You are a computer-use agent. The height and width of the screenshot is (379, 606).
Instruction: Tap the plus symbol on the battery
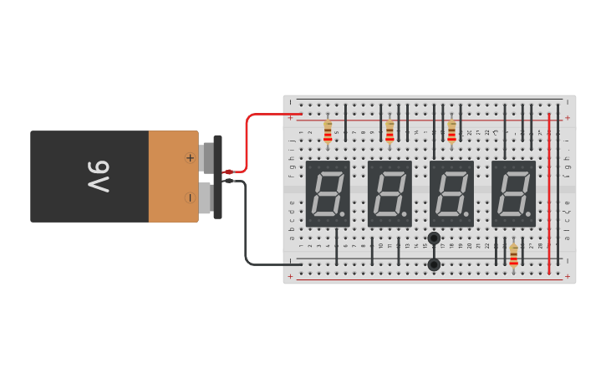pyautogui.click(x=190, y=157)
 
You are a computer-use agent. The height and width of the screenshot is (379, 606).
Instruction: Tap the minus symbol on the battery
pyautogui.click(x=190, y=197)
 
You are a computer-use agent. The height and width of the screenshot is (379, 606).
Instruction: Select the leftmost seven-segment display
pyautogui.click(x=328, y=193)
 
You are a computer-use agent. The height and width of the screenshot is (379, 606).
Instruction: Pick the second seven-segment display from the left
pyautogui.click(x=390, y=193)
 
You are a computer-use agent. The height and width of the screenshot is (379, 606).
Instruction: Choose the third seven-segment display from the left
pyautogui.click(x=451, y=193)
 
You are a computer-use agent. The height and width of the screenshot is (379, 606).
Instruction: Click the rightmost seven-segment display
pyautogui.click(x=513, y=193)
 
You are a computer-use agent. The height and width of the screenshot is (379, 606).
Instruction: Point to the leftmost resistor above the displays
pyautogui.click(x=328, y=131)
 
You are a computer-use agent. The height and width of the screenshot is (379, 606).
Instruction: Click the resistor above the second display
pyautogui.click(x=390, y=131)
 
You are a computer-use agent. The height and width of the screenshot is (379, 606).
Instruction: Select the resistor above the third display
pyautogui.click(x=451, y=131)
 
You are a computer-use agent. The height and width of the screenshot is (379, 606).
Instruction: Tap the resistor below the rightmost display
pyautogui.click(x=513, y=256)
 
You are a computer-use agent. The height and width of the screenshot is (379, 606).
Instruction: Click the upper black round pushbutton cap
pyautogui.click(x=434, y=238)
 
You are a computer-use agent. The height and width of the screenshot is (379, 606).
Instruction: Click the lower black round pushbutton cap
pyautogui.click(x=434, y=264)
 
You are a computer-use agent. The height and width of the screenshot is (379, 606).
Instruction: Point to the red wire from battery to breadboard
pyautogui.click(x=247, y=142)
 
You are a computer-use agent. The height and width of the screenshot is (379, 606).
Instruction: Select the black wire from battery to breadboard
pyautogui.click(x=246, y=226)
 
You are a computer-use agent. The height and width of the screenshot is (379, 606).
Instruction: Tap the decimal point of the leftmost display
pyautogui.click(x=343, y=215)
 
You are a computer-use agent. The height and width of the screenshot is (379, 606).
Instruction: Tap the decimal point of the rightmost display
pyautogui.click(x=528, y=215)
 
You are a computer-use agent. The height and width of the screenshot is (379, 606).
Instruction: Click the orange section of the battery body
pyautogui.click(x=173, y=177)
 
